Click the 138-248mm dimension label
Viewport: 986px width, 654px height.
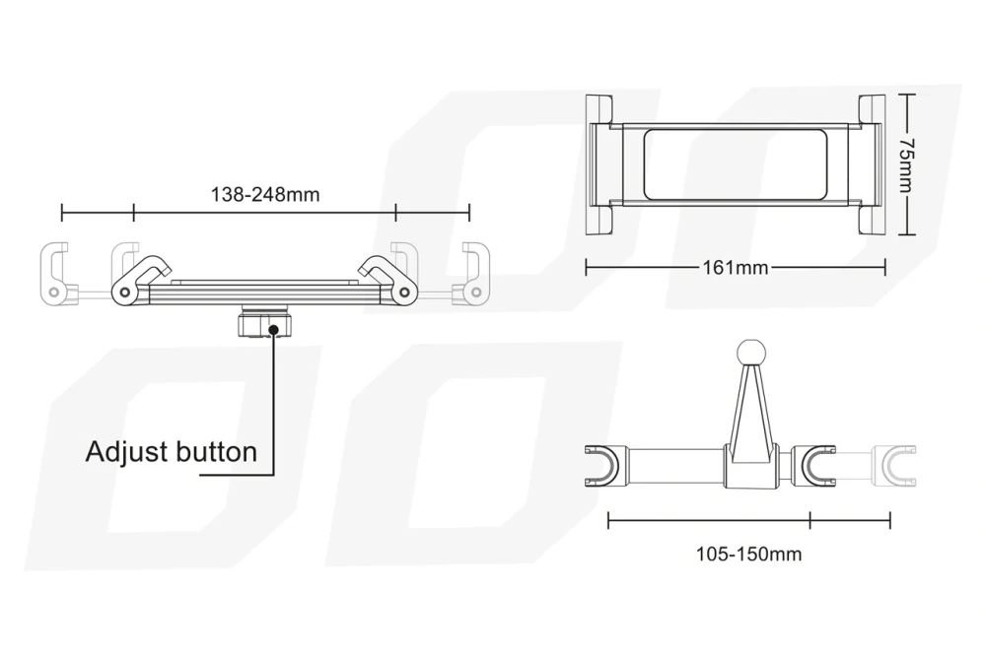pos(264,195)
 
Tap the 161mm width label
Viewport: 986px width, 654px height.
pos(736,268)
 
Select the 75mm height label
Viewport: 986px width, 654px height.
pos(906,165)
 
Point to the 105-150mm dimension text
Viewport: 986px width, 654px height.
pos(748,555)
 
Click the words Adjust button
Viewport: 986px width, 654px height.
pos(171,452)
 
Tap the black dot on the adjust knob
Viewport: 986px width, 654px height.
pos(273,329)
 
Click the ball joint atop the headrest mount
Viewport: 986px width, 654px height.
pos(750,353)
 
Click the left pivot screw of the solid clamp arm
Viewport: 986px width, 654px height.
pos(125,293)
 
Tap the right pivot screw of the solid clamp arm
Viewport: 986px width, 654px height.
pos(404,293)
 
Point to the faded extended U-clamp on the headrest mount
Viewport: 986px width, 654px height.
pos(896,466)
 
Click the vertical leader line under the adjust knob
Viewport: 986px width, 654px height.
pos(274,403)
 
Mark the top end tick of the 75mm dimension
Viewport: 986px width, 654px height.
pos(906,95)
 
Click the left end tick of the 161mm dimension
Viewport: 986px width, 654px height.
pos(586,268)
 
